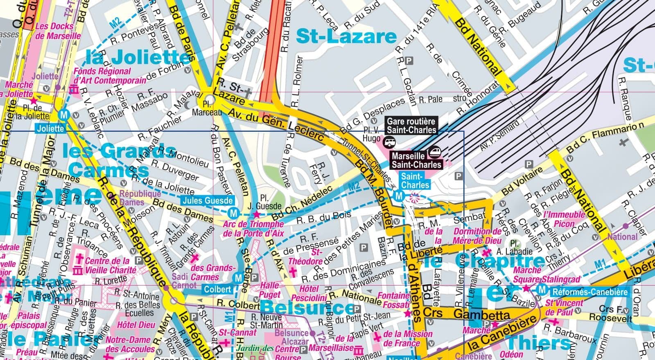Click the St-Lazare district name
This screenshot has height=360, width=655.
tap(346, 36)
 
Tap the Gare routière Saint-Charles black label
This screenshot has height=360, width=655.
tap(411, 126)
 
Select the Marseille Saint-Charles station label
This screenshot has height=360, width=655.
tap(416, 160)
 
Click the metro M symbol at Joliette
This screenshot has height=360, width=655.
tap(63, 115)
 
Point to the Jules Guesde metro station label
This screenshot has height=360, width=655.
tap(208, 200)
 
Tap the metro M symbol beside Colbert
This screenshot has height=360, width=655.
tap(238, 279)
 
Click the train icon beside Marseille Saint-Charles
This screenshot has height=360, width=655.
tap(434, 152)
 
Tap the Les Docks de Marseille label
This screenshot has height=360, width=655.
tap(57, 31)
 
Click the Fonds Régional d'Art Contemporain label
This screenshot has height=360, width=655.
tap(109, 76)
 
